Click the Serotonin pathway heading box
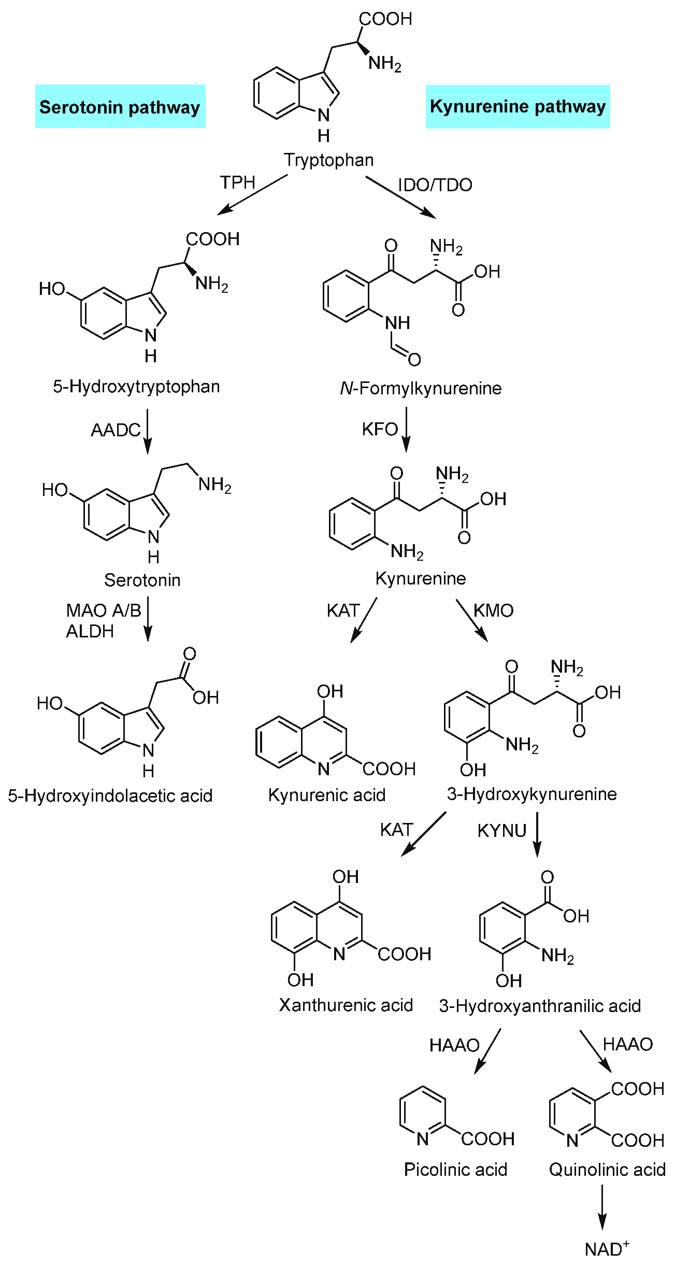coord(120,107)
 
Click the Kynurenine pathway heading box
coord(518,106)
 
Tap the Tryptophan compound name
coord(328,160)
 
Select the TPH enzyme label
coord(238,182)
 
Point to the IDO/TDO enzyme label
coord(435,185)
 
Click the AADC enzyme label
coord(116,430)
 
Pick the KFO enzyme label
coord(380,429)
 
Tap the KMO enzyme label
coord(493,610)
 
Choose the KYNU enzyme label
coord(501,831)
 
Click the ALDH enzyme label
coord(90,631)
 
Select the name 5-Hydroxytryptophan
coord(136,387)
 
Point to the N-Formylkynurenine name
coord(421,388)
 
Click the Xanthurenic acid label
coord(346,1005)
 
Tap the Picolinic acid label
coord(455,1170)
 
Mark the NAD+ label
coord(607,1249)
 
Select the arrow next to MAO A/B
coord(148,619)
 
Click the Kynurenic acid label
coord(327,795)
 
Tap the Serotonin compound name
coord(142,580)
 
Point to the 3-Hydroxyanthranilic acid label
coord(540,1006)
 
